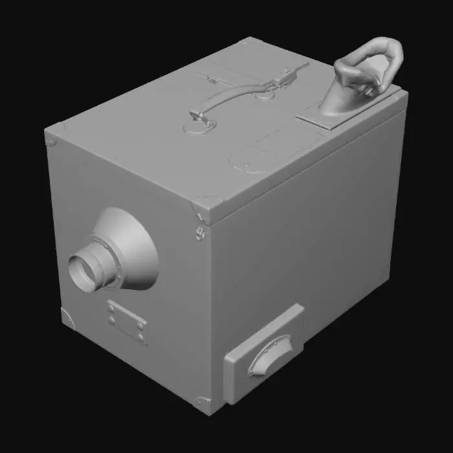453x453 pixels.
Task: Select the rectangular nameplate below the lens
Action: [127, 322]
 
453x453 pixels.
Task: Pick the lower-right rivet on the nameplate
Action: [140, 337]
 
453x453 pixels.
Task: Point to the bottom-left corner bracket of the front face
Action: [67, 318]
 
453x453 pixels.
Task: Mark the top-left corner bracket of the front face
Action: [51, 138]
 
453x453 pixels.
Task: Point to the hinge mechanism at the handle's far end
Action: [283, 76]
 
